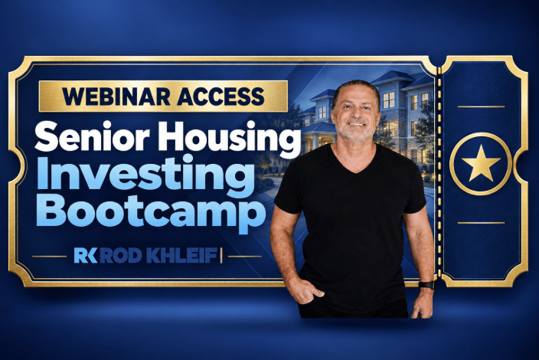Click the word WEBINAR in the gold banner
point(116,96)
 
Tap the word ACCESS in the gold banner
point(220,96)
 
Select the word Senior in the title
point(92,136)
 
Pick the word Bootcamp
point(151,212)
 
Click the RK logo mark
point(85,256)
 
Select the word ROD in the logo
point(121,256)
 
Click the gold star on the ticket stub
point(481,164)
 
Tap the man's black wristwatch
point(426,285)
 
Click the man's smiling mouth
point(356,124)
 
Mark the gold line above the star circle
point(481,106)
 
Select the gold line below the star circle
point(481,223)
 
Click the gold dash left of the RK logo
point(49,256)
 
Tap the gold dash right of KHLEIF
point(245,256)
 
